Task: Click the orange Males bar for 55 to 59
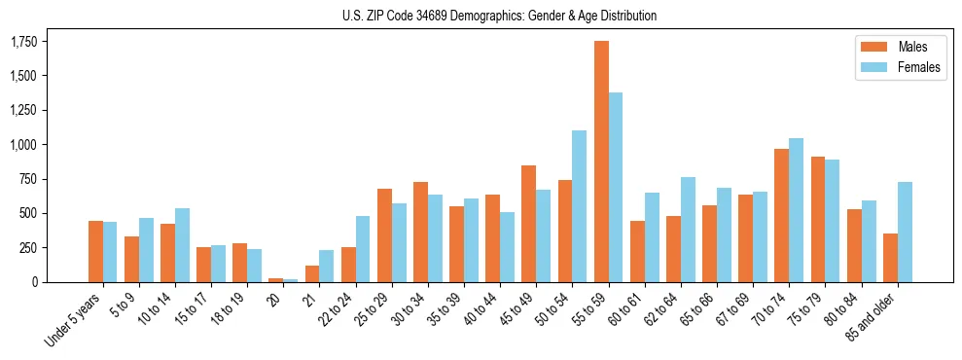(601, 162)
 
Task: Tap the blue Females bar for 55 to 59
(616, 187)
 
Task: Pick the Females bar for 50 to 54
(580, 206)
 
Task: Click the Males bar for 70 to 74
(782, 215)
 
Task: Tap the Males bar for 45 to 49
(529, 224)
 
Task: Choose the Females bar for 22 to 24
(363, 249)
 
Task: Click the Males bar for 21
(312, 273)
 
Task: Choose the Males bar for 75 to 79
(818, 219)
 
